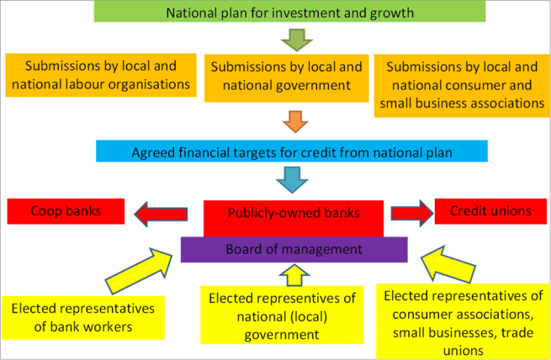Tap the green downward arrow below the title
point(295,39)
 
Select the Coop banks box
point(66,211)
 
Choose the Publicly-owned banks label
point(294,214)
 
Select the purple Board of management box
point(294,250)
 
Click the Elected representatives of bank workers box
point(82,317)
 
